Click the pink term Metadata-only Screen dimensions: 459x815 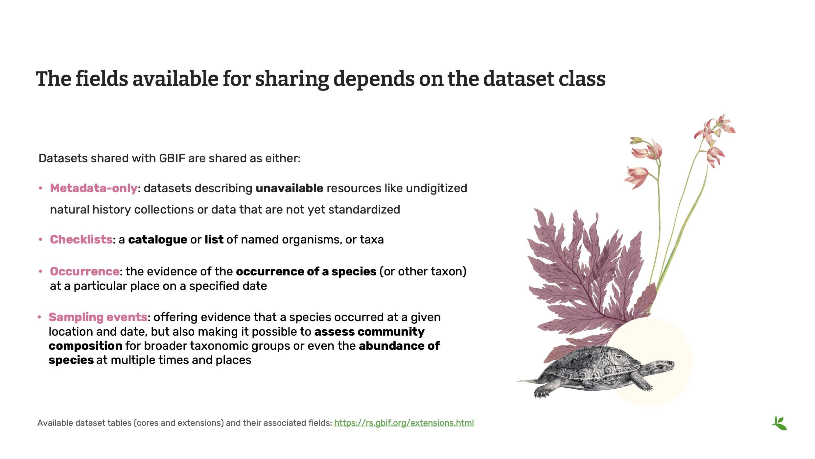pyautogui.click(x=93, y=188)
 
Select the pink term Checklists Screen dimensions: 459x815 pyautogui.click(x=81, y=240)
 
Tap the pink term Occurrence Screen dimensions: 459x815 pyautogui.click(x=84, y=271)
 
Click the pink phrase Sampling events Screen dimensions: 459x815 pyautogui.click(x=98, y=317)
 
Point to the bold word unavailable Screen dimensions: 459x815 pyautogui.click(x=289, y=188)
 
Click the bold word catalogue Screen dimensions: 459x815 pyautogui.click(x=157, y=240)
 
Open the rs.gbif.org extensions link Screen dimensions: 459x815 pyautogui.click(x=404, y=423)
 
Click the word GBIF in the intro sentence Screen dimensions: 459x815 pyautogui.click(x=172, y=158)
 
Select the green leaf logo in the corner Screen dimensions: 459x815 pyautogui.click(x=779, y=423)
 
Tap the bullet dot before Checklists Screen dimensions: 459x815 pyautogui.click(x=40, y=240)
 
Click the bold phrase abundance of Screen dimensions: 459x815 pyautogui.click(x=399, y=346)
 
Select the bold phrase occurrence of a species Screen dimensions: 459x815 pyautogui.click(x=306, y=271)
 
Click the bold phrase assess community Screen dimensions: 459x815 pyautogui.click(x=369, y=332)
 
